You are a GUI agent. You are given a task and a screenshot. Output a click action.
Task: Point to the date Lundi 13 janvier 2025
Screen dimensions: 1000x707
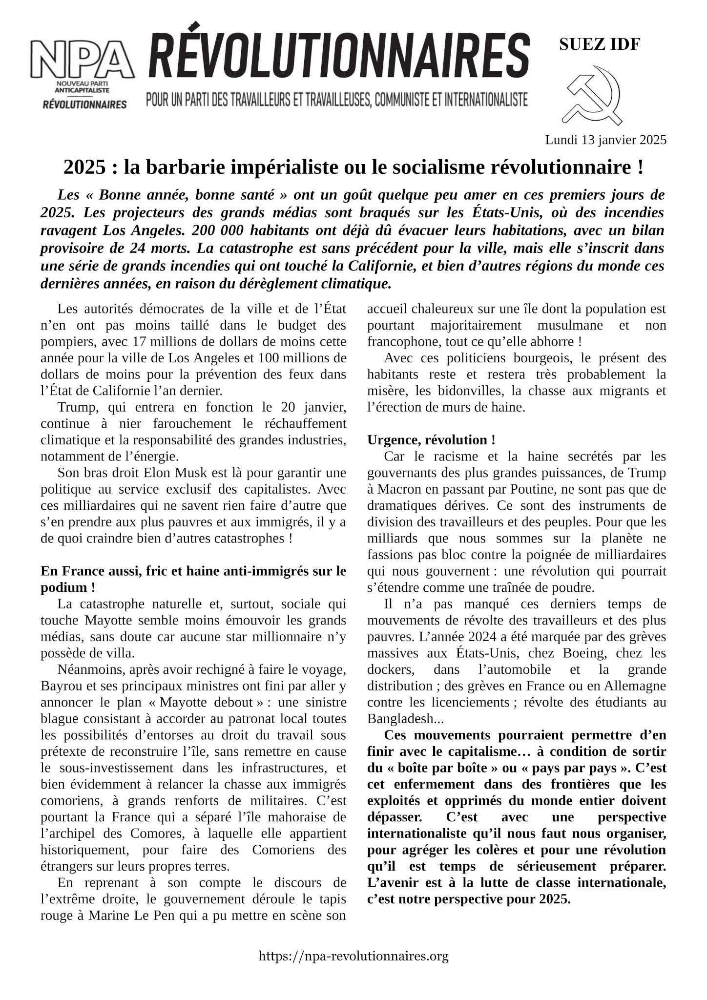tap(605, 140)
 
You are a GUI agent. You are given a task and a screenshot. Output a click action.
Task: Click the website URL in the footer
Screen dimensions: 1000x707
tap(353, 956)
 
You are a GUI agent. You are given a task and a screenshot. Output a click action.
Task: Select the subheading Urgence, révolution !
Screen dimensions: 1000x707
tap(431, 439)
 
